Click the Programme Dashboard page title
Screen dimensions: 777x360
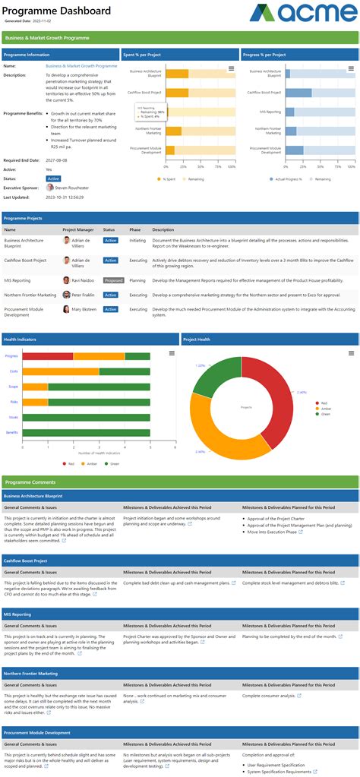click(x=57, y=11)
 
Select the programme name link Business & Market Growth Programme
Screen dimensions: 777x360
click(x=81, y=66)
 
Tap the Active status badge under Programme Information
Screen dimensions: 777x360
click(x=53, y=178)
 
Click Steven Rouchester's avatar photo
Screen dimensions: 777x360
click(x=50, y=188)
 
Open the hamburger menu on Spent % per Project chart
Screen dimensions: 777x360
click(x=232, y=69)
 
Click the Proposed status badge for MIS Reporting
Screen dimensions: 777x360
click(x=113, y=280)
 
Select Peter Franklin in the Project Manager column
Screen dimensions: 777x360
click(x=83, y=295)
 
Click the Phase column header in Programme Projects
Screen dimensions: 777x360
click(x=135, y=229)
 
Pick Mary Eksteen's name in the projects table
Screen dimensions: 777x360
click(x=84, y=309)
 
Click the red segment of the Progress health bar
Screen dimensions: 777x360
click(x=47, y=355)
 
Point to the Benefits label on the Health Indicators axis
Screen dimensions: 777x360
click(x=12, y=432)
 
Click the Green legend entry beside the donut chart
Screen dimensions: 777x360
click(x=324, y=414)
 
